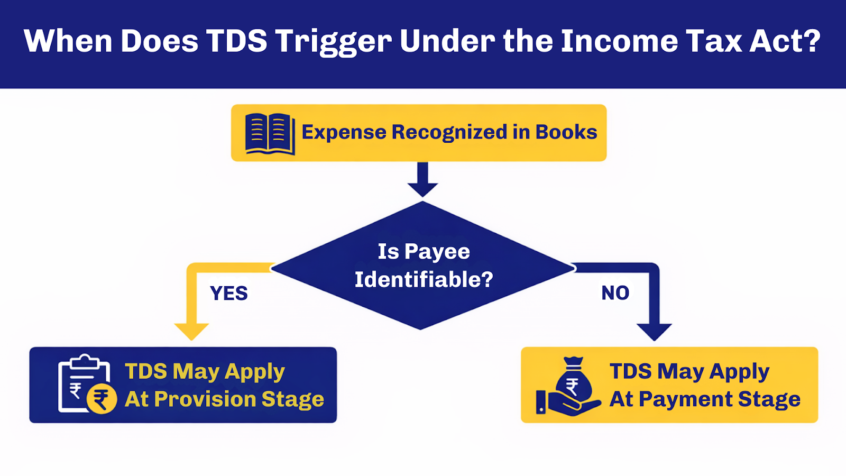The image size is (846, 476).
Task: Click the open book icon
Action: click(270, 133)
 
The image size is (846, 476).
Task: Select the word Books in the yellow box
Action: click(566, 132)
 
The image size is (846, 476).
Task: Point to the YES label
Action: click(228, 293)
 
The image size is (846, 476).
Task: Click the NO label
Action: click(615, 292)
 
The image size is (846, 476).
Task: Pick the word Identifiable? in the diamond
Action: click(424, 279)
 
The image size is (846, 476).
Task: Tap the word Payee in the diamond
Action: click(437, 252)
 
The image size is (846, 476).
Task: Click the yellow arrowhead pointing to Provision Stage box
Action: click(191, 332)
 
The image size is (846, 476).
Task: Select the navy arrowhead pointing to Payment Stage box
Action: click(654, 332)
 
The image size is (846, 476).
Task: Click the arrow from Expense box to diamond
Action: click(422, 180)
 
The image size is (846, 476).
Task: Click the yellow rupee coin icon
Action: click(102, 399)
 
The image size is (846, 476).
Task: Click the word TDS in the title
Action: click(236, 41)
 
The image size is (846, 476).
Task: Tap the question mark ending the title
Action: click(812, 41)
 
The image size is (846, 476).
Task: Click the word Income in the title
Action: click(619, 41)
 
